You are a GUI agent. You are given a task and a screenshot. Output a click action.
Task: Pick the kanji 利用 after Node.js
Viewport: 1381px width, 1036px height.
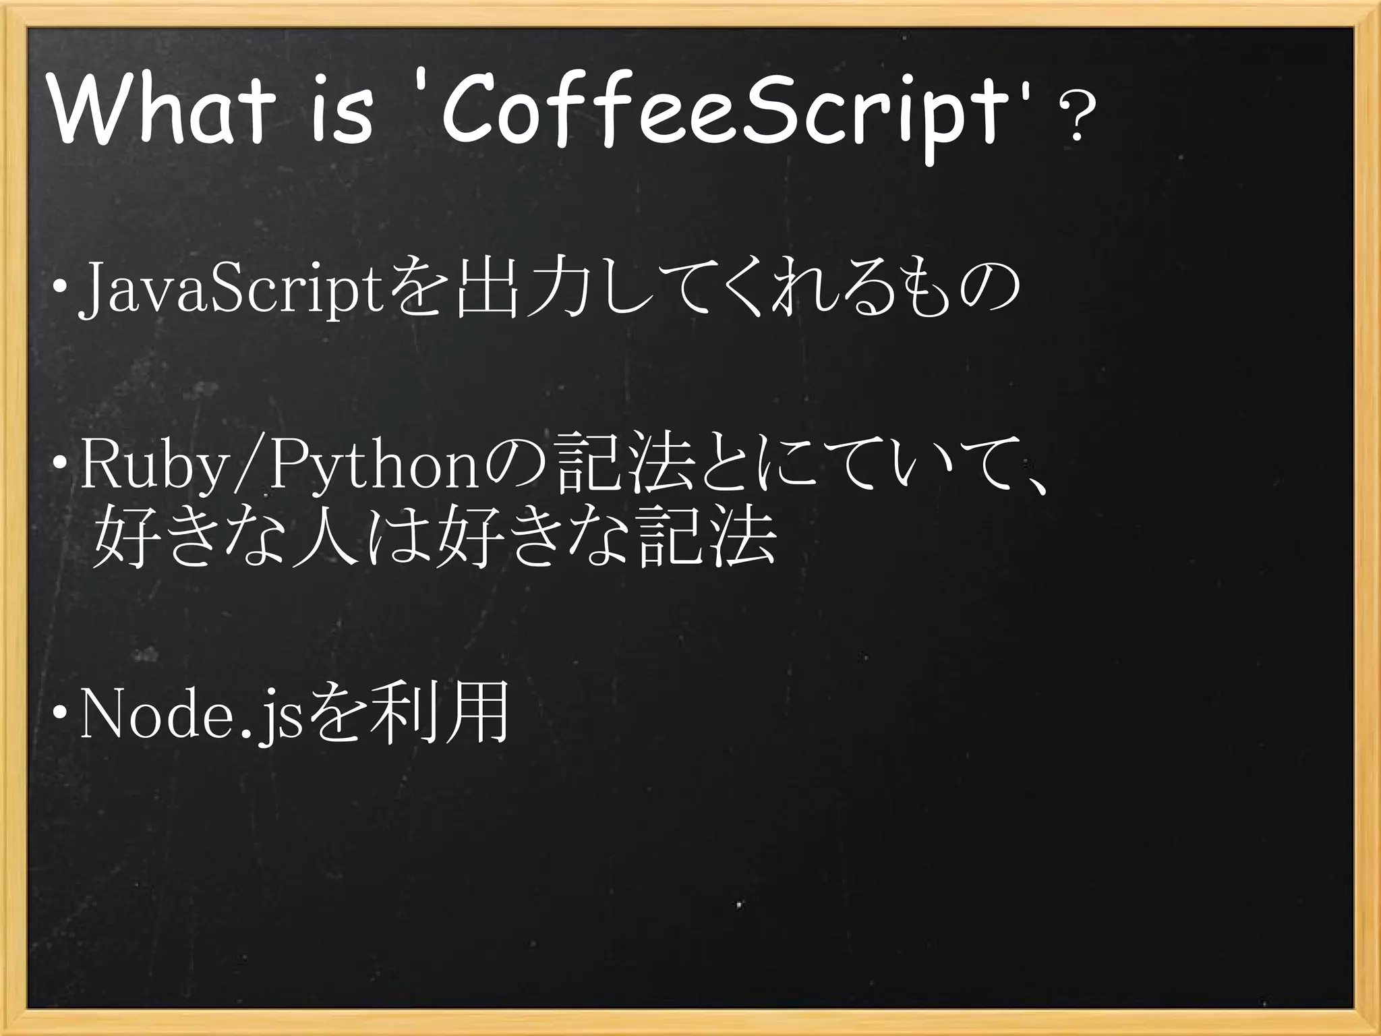(438, 714)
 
